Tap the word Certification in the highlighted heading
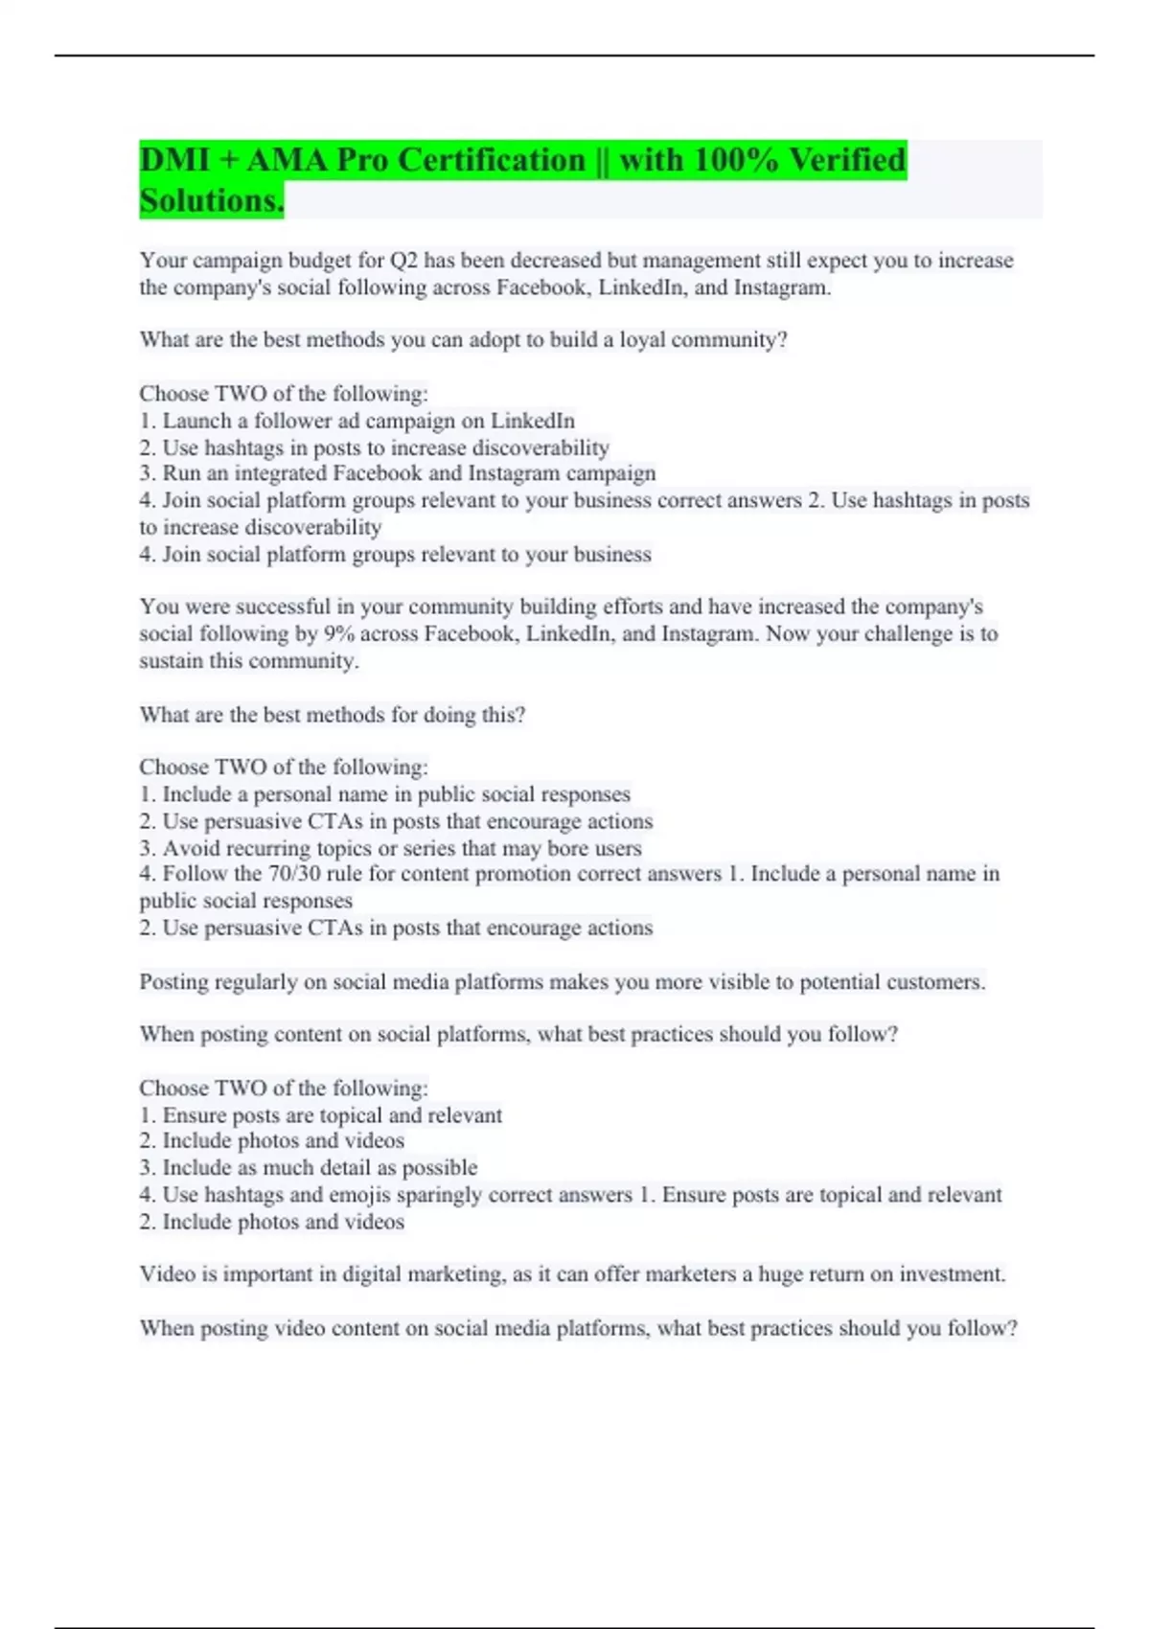coord(491,160)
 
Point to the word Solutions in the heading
coord(210,201)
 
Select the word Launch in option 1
coord(196,421)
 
